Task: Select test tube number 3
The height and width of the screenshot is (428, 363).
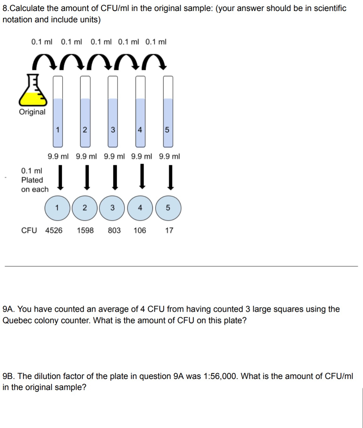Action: pyautogui.click(x=113, y=112)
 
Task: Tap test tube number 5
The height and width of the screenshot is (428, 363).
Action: pyautogui.click(x=168, y=112)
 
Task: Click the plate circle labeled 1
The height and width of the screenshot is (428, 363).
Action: pyautogui.click(x=57, y=208)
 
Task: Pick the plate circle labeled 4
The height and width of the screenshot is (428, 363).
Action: pyautogui.click(x=140, y=208)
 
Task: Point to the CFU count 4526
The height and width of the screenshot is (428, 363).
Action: pyautogui.click(x=54, y=230)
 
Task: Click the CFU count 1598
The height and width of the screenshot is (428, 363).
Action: pyautogui.click(x=85, y=230)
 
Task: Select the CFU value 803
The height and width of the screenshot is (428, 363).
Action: pyautogui.click(x=114, y=230)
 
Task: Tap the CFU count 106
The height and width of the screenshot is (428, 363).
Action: pyautogui.click(x=140, y=230)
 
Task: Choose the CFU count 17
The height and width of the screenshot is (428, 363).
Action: pyautogui.click(x=169, y=230)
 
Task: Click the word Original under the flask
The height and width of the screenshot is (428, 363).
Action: pyautogui.click(x=32, y=112)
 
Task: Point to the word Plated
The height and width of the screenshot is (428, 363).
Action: pyautogui.click(x=32, y=180)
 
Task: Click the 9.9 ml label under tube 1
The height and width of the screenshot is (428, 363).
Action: pyautogui.click(x=58, y=156)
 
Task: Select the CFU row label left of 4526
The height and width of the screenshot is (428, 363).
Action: pyautogui.click(x=29, y=230)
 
